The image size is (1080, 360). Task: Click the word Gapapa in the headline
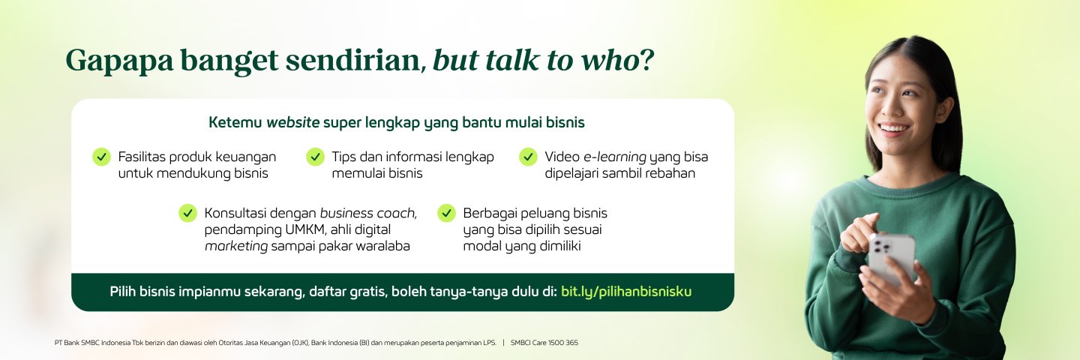point(119,61)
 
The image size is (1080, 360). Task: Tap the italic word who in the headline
point(610,60)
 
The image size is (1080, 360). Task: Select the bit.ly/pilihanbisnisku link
point(626,292)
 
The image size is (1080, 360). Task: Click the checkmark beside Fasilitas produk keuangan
point(102,157)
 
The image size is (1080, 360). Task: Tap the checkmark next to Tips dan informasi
point(315,157)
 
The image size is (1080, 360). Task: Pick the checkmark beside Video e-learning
point(528,157)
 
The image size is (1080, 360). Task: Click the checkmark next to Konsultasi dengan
point(187,212)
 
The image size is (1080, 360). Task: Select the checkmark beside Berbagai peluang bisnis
point(446,212)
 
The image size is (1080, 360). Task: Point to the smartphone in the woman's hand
point(892,258)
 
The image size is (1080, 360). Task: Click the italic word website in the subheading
point(292,122)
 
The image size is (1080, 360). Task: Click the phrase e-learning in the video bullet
point(615,157)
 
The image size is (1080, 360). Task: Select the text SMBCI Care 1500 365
point(544,343)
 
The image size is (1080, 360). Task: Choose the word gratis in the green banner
point(369,292)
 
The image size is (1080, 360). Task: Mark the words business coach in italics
point(368,213)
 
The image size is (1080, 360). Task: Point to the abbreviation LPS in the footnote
point(489,343)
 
